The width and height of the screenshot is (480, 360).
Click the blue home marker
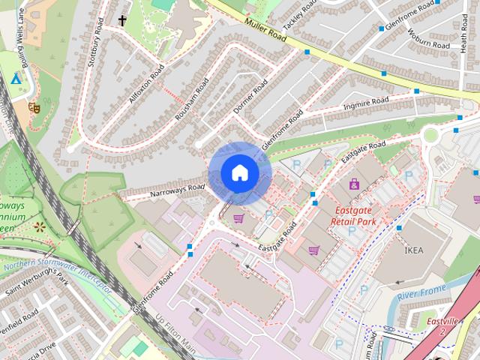click(x=239, y=173)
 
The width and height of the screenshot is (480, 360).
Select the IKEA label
click(x=414, y=250)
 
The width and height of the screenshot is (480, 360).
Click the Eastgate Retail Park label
click(x=355, y=215)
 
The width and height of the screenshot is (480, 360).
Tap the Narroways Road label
click(x=177, y=192)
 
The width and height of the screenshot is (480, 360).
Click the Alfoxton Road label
click(x=145, y=87)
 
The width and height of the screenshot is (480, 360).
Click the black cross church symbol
click(x=122, y=20)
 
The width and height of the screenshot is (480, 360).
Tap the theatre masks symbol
click(x=33, y=107)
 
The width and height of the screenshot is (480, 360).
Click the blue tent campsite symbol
click(x=15, y=79)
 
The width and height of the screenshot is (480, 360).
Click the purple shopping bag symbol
click(x=353, y=184)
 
